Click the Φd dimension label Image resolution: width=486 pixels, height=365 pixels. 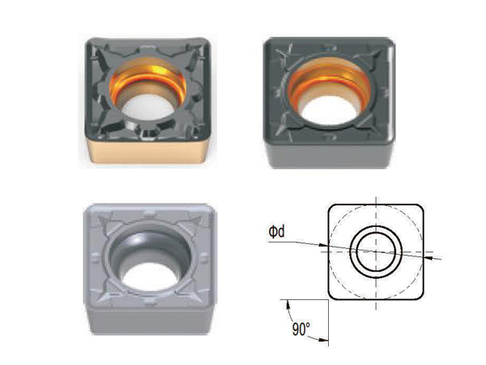point(276,231)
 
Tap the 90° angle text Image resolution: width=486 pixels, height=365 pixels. point(301,328)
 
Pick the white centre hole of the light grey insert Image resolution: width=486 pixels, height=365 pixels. point(150,277)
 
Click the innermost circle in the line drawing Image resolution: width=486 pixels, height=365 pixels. point(376,251)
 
